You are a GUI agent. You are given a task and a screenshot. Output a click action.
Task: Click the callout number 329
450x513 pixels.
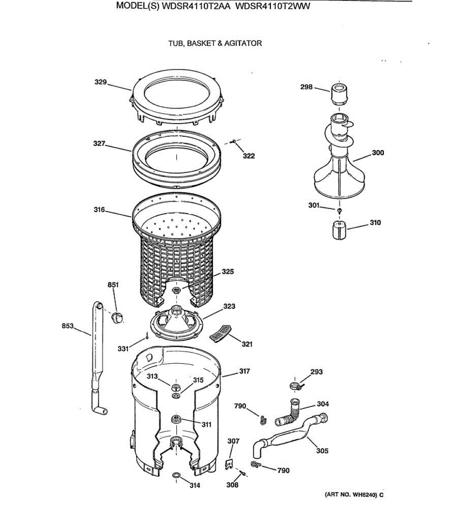click(100, 82)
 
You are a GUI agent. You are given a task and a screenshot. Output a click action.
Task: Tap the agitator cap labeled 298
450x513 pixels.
click(339, 95)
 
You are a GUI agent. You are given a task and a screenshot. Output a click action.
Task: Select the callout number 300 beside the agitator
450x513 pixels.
click(378, 153)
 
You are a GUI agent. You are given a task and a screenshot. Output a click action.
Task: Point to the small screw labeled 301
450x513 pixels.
click(339, 211)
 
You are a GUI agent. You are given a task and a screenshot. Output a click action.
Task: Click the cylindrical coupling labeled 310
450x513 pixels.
click(339, 231)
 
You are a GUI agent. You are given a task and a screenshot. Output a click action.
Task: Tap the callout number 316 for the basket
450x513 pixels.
click(99, 209)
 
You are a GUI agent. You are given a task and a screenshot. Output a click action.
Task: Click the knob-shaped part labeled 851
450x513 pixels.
click(117, 317)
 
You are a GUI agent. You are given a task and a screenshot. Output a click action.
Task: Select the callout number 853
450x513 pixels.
click(67, 326)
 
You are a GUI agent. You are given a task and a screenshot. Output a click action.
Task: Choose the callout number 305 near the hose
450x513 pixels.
click(322, 450)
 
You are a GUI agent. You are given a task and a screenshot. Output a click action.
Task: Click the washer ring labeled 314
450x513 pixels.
click(176, 476)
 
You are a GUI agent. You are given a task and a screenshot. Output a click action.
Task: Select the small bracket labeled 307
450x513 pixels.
click(230, 464)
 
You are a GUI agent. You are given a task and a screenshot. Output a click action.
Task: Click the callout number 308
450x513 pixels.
click(232, 485)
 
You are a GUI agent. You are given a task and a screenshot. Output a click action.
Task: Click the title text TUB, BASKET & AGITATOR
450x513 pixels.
click(215, 43)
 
